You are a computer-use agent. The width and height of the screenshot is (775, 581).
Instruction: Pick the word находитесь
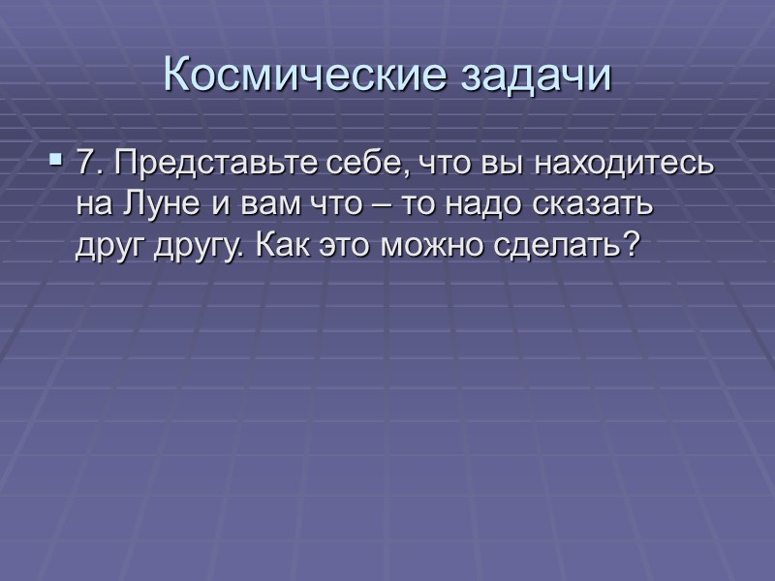pyautogui.click(x=616, y=166)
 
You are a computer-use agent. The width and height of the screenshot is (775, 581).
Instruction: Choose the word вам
pyautogui.click(x=252, y=206)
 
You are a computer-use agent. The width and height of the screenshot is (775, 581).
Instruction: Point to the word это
pyautogui.click(x=345, y=245)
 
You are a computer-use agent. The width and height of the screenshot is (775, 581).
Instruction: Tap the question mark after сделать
pyautogui.click(x=632, y=245)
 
